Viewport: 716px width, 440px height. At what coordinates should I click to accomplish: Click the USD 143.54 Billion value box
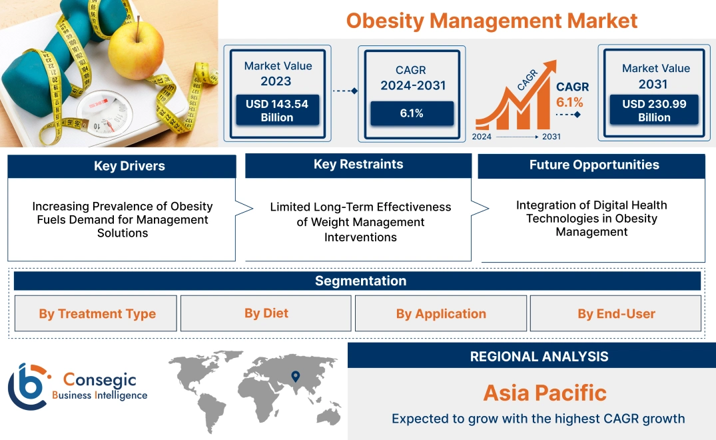(276, 111)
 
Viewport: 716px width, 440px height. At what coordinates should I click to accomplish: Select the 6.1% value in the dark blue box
(412, 113)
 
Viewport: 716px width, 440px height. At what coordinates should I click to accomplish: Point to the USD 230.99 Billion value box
(653, 111)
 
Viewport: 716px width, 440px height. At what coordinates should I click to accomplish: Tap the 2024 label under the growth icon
(482, 137)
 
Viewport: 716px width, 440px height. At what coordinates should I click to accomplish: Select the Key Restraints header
(358, 165)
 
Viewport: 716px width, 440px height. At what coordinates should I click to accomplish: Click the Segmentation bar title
(360, 281)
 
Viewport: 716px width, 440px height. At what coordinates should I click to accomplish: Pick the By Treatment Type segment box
(97, 313)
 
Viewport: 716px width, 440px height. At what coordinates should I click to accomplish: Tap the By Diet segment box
(266, 313)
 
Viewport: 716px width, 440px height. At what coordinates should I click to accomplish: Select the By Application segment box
(441, 313)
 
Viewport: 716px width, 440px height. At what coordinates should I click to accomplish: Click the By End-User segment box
(616, 313)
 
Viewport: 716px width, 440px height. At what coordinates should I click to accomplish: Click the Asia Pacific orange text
(545, 393)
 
